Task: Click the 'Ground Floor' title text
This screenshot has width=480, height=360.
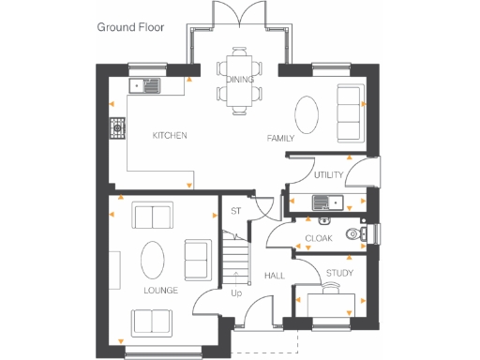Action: click(130, 27)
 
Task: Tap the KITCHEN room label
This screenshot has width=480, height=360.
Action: click(170, 136)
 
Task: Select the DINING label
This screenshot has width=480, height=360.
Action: click(240, 80)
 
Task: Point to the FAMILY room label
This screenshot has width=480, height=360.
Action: click(280, 139)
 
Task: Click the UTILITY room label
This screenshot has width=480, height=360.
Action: click(328, 175)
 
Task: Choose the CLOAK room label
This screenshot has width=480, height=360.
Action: click(319, 239)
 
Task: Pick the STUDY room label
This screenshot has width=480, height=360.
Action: click(338, 274)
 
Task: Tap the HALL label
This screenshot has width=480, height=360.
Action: click(274, 276)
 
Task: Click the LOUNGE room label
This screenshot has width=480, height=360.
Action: click(160, 291)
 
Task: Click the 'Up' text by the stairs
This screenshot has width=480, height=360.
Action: click(237, 292)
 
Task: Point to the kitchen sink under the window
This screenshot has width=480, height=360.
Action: click(147, 86)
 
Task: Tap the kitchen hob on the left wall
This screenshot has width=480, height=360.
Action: click(118, 127)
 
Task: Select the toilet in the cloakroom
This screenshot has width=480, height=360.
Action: click(354, 234)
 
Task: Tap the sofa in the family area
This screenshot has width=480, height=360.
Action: click(351, 110)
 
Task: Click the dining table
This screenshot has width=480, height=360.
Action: click(240, 80)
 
